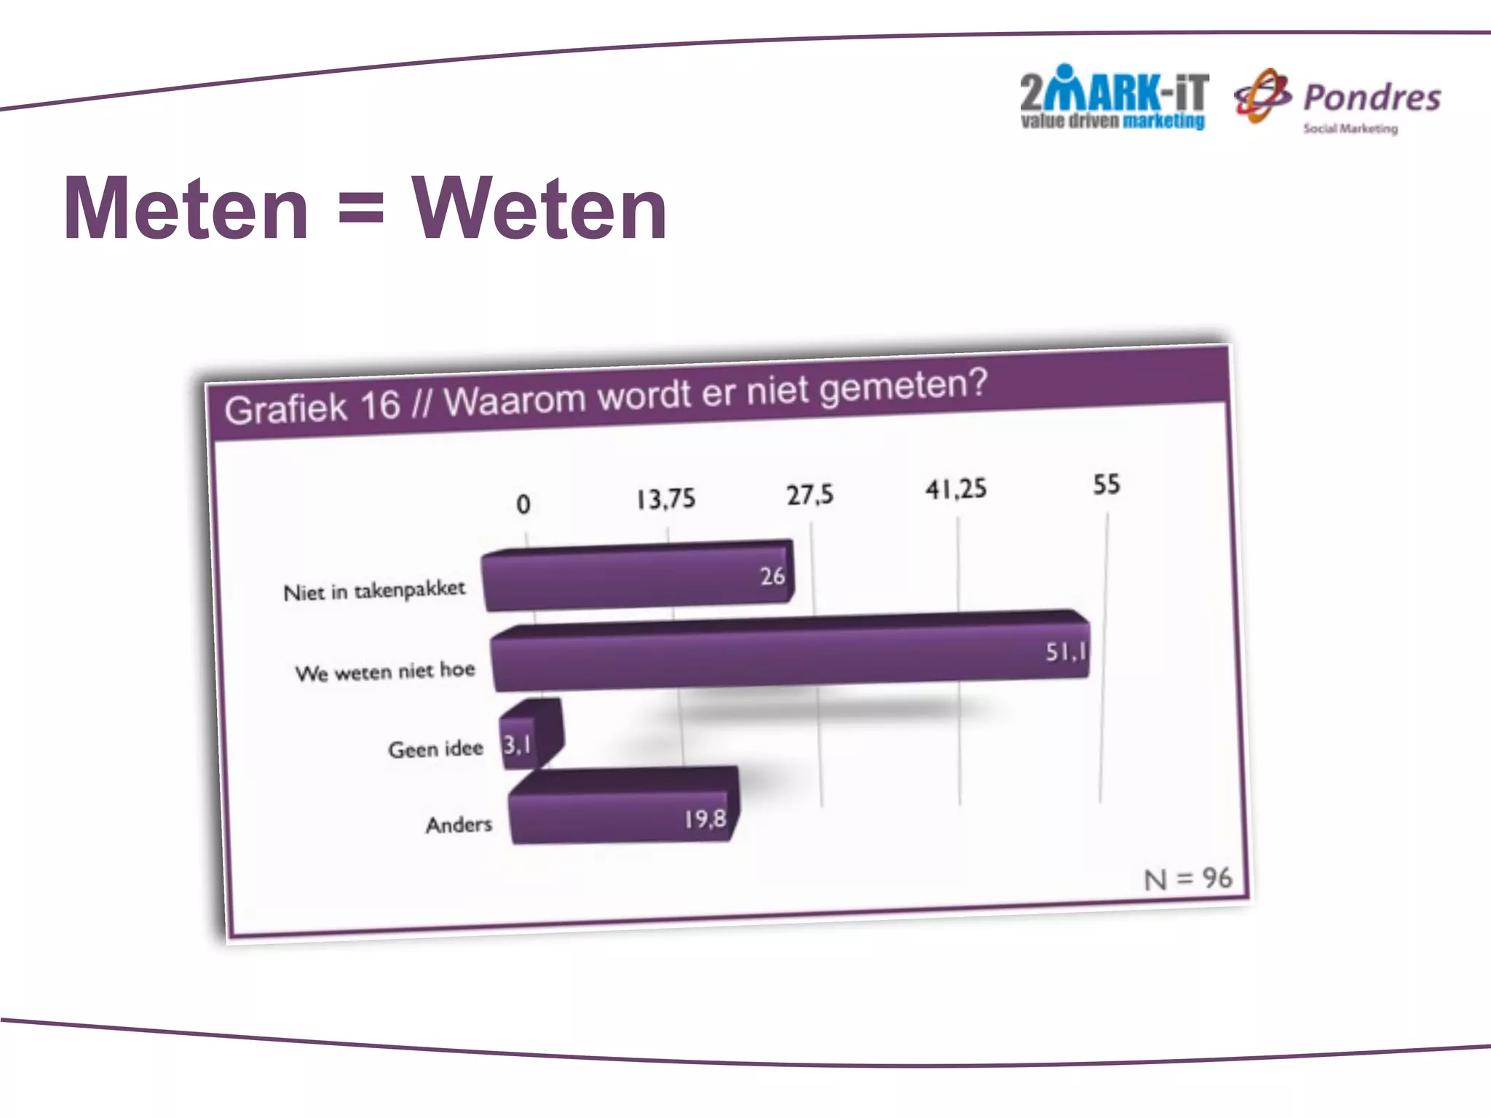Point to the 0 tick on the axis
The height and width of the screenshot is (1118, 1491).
523,504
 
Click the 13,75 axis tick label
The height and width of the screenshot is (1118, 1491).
666,499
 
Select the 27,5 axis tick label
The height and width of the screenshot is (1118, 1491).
810,495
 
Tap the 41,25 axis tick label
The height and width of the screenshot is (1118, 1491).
956,489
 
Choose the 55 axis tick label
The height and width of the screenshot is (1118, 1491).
1106,485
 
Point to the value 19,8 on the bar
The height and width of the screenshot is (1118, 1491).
705,820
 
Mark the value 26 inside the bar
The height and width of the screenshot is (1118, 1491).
772,576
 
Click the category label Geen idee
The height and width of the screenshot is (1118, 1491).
435,749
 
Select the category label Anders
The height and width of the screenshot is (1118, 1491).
459,825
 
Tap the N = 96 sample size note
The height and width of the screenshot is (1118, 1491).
1187,879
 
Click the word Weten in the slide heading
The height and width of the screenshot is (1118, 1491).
539,210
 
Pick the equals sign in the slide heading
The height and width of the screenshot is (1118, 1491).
360,210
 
